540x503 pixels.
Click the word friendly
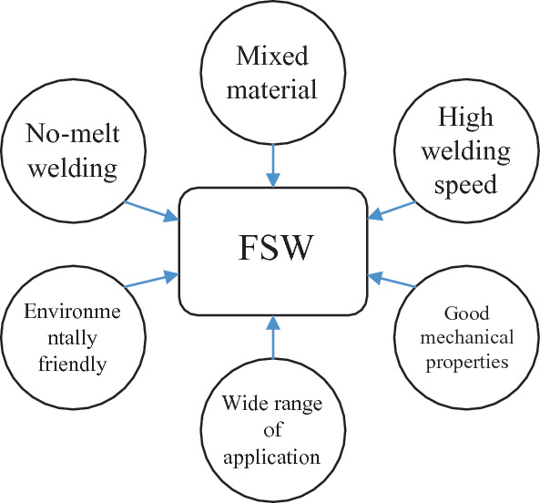point(70,365)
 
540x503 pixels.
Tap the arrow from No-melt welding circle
point(153,207)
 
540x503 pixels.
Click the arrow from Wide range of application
point(270,337)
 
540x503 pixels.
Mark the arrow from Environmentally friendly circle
point(150,280)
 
